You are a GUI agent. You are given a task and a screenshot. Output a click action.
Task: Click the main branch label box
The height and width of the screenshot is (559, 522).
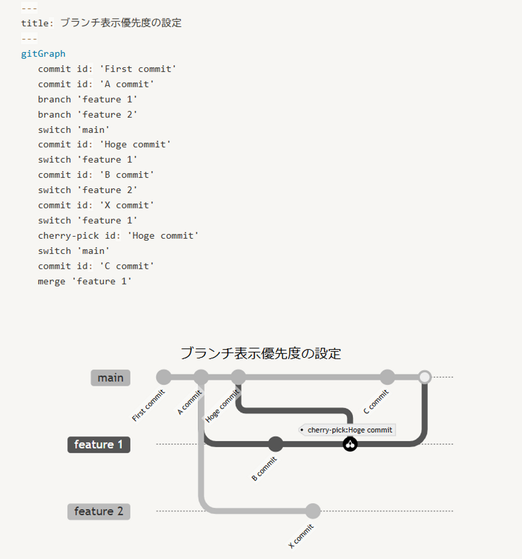(110, 378)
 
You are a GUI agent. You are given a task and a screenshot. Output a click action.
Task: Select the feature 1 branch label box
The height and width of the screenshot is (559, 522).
(99, 444)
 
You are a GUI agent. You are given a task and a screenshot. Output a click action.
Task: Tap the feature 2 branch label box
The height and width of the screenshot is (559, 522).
(99, 511)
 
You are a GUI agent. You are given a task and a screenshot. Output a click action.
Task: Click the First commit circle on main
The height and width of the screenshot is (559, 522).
(163, 377)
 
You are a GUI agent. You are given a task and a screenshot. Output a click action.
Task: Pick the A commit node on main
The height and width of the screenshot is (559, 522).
(201, 377)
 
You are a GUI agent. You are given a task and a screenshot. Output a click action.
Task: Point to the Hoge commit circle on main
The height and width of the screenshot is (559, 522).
(238, 377)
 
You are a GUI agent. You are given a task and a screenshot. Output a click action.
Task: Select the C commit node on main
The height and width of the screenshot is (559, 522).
(387, 377)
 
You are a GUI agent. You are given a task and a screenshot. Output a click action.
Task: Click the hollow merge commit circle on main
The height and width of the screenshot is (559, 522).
(424, 377)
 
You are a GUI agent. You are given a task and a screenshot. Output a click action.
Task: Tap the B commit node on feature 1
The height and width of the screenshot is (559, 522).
(275, 444)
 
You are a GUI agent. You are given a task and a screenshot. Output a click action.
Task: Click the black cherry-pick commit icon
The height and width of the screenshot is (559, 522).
(350, 444)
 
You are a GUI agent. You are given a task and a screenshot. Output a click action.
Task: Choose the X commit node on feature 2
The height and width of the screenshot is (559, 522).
(312, 511)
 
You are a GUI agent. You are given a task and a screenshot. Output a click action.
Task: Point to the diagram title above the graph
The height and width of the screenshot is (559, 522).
(261, 353)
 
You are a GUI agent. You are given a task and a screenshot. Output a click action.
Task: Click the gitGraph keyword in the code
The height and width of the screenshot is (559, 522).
(43, 54)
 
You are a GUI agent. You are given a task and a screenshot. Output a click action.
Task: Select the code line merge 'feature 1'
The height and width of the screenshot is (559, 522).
(84, 281)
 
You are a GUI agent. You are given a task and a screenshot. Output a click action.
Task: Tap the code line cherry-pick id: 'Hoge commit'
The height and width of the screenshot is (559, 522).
(118, 236)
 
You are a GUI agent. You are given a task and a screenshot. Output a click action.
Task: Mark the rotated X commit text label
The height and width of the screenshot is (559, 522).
(301, 536)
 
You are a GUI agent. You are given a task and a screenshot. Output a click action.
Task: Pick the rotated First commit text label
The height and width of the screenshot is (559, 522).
(148, 405)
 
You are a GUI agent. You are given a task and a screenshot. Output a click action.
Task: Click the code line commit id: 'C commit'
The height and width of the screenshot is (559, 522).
(96, 266)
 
